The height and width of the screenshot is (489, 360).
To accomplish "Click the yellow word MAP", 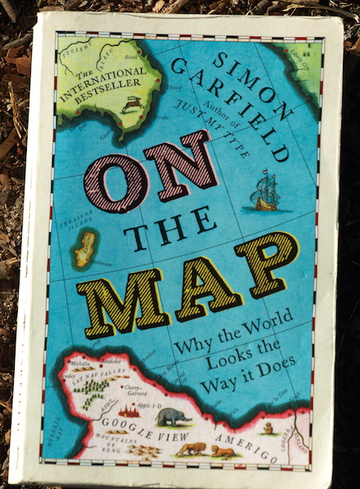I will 191,282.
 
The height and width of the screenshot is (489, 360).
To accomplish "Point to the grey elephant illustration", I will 173,416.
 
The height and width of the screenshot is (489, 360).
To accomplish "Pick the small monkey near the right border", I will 269,426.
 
